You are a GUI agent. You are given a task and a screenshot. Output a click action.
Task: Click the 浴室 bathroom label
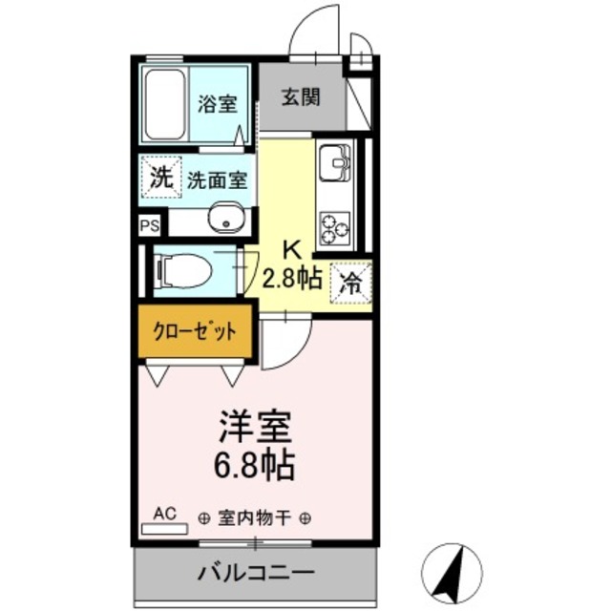(218, 105)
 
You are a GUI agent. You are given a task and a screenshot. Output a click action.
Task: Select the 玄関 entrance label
(300, 96)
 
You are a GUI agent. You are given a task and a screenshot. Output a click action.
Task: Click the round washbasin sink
(226, 220)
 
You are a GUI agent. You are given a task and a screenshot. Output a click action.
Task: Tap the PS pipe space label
(150, 226)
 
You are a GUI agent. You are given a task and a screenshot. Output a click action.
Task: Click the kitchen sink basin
(334, 163)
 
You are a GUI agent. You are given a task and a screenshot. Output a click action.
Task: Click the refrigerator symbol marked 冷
(350, 283)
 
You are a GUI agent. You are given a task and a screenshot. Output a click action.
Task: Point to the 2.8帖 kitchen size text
(291, 278)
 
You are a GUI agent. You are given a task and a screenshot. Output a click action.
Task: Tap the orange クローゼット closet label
(195, 332)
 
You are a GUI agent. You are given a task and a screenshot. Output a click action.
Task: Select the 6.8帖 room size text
(255, 467)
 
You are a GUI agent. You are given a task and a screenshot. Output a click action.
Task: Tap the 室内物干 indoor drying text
(254, 518)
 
